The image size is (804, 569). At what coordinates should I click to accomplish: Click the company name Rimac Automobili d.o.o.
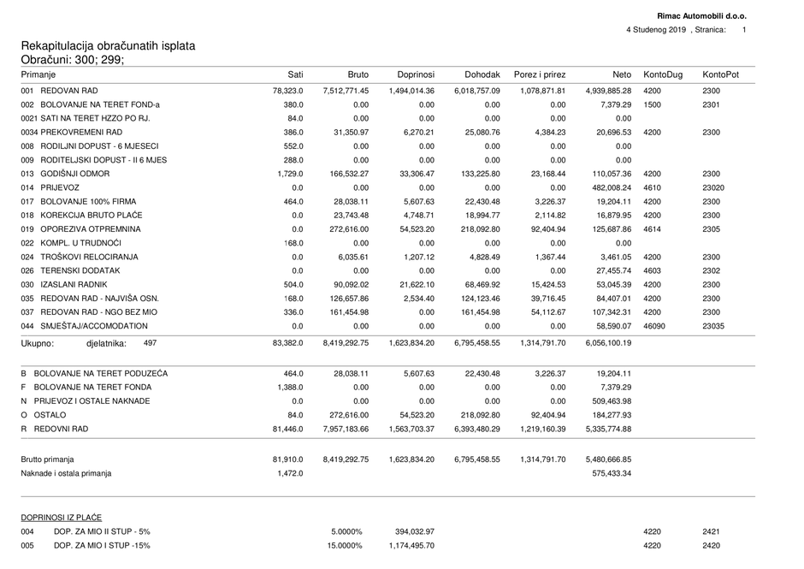point(701,16)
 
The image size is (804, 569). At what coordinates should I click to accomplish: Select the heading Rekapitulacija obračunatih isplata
point(108,45)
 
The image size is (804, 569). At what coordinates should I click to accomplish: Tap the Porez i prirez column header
point(539,74)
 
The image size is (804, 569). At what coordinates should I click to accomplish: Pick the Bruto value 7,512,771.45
point(346,91)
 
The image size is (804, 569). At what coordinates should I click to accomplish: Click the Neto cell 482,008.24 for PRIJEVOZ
point(608,187)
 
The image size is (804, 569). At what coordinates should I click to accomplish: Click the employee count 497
point(150,343)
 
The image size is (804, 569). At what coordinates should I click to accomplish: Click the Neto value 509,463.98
point(608,401)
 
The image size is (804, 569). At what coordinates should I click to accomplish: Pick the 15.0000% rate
point(344,545)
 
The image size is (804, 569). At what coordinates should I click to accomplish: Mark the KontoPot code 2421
point(712,531)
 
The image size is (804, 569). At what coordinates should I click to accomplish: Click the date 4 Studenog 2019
point(656,30)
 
